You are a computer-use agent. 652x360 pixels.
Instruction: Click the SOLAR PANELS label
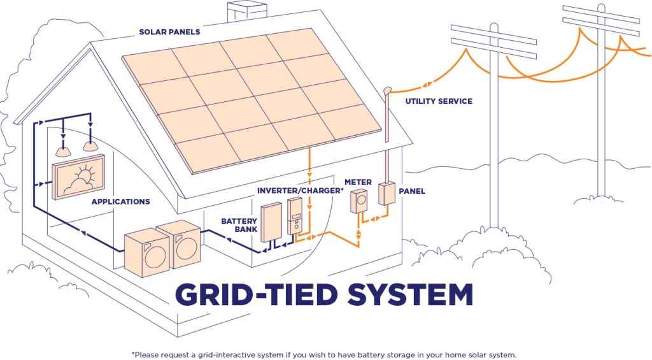coord(169,31)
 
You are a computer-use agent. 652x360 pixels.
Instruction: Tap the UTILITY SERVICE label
coord(439,101)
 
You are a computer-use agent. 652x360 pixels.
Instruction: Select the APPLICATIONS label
coord(120,202)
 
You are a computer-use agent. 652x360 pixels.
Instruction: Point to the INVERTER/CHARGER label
coord(299,191)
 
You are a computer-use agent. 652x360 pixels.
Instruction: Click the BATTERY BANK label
coord(240,225)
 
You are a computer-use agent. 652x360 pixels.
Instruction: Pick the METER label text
coord(357,182)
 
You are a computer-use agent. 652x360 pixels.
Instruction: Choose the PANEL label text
coord(411,191)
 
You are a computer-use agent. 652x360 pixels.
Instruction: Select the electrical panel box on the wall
coord(386,194)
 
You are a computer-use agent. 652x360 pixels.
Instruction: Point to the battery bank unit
coord(271,222)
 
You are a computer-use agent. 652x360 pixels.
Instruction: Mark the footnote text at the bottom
coord(325,354)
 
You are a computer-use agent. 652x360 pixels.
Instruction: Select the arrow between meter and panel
coord(375,219)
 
